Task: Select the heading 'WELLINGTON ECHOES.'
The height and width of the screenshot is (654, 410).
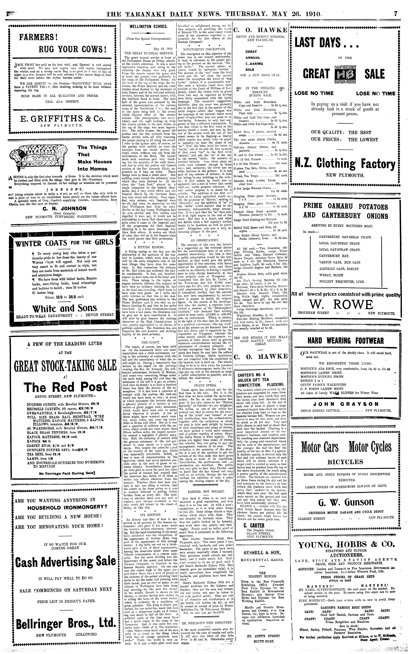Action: coord(148,27)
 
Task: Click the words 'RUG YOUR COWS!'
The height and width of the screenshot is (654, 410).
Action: coord(73,50)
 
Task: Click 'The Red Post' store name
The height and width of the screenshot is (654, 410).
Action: coord(65,387)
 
